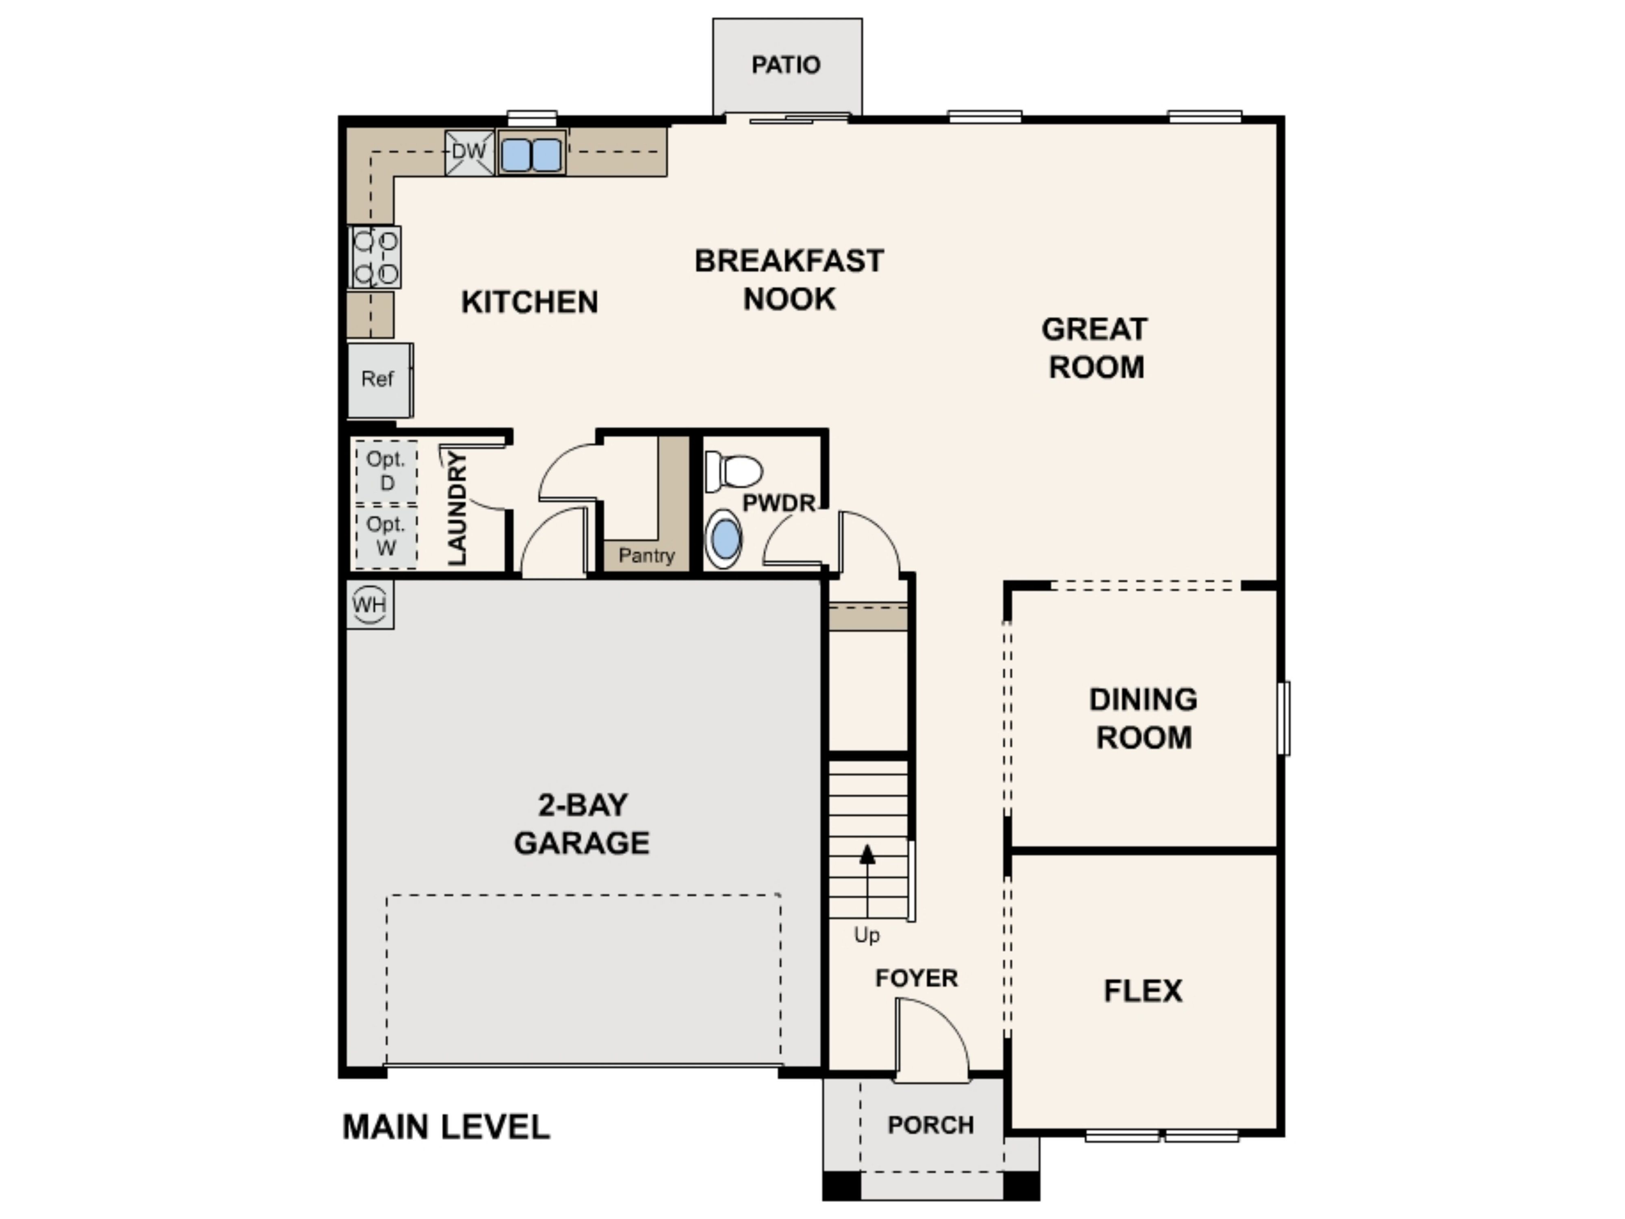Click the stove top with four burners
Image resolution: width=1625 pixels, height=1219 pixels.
click(375, 256)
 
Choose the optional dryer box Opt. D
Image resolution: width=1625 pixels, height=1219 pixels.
click(386, 471)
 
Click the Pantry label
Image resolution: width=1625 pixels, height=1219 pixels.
click(646, 555)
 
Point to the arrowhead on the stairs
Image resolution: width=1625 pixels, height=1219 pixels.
click(868, 854)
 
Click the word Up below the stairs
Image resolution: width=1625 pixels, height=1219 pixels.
click(867, 935)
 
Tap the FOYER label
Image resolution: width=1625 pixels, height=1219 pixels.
click(917, 978)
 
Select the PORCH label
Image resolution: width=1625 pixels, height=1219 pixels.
click(931, 1125)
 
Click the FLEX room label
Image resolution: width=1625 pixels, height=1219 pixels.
click(1143, 991)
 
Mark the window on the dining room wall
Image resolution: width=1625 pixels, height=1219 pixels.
click(1283, 718)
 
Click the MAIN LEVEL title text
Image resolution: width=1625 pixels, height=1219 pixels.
click(446, 1127)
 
